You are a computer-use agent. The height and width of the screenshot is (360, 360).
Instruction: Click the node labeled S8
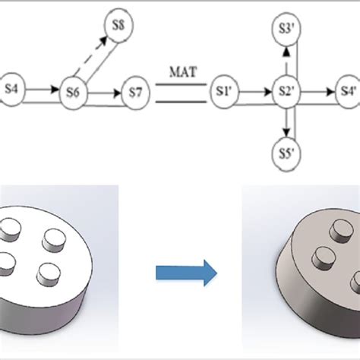coord(118,25)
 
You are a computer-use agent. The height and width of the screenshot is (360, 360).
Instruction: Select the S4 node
coord(11,89)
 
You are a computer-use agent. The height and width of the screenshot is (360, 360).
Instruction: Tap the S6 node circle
coord(73,92)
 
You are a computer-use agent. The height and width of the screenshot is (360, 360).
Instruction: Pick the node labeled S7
coord(135,93)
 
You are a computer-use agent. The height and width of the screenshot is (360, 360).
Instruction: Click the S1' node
coord(224,92)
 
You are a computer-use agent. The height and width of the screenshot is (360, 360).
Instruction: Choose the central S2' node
coord(286,92)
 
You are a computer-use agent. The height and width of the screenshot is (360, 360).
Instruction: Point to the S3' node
coord(286,30)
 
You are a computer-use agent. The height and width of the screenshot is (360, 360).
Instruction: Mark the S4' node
coord(349,92)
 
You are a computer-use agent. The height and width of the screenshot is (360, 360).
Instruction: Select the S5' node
coord(286,154)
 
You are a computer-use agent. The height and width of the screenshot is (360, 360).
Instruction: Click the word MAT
coord(183,72)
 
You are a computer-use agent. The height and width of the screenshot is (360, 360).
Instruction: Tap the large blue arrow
coord(186,273)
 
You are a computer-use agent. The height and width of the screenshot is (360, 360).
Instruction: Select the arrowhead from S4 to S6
coord(55,89)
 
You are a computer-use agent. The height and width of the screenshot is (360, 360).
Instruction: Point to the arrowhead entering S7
coord(118,93)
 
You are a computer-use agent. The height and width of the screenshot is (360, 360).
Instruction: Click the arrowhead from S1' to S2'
coord(268,92)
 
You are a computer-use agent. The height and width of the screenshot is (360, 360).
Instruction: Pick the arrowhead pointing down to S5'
coord(286,133)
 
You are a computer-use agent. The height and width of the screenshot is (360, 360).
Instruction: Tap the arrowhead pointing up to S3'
coord(286,51)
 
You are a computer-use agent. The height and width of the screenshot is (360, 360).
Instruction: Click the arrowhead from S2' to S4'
coord(330,92)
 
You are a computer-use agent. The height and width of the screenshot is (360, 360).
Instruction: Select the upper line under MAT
coord(181,84)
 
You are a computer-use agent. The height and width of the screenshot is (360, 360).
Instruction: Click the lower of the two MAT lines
coord(181,102)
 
